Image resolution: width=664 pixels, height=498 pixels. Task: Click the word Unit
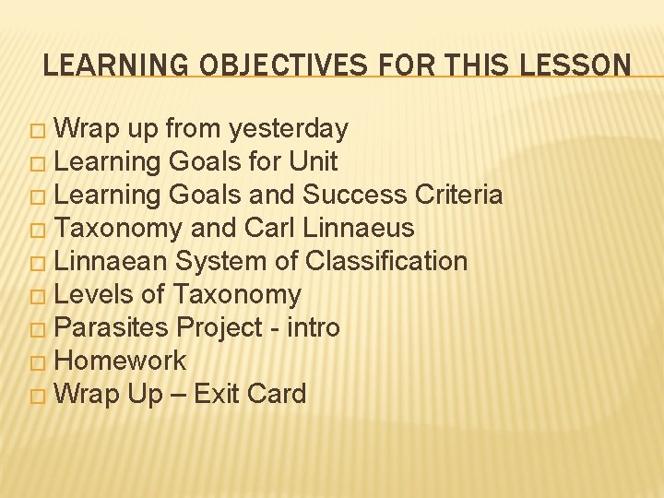click(x=313, y=161)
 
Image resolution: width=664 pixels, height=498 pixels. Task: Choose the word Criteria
click(x=458, y=195)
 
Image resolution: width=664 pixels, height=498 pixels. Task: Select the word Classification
click(x=386, y=261)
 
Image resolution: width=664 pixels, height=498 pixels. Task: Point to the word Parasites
click(x=113, y=327)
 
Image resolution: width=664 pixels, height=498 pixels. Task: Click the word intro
click(x=314, y=327)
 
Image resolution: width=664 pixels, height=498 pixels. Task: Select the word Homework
click(x=121, y=361)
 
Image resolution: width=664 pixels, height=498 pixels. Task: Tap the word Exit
click(x=217, y=394)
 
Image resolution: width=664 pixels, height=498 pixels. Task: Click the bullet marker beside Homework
click(x=37, y=362)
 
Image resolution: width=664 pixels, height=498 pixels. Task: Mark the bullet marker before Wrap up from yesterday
click(x=37, y=130)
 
